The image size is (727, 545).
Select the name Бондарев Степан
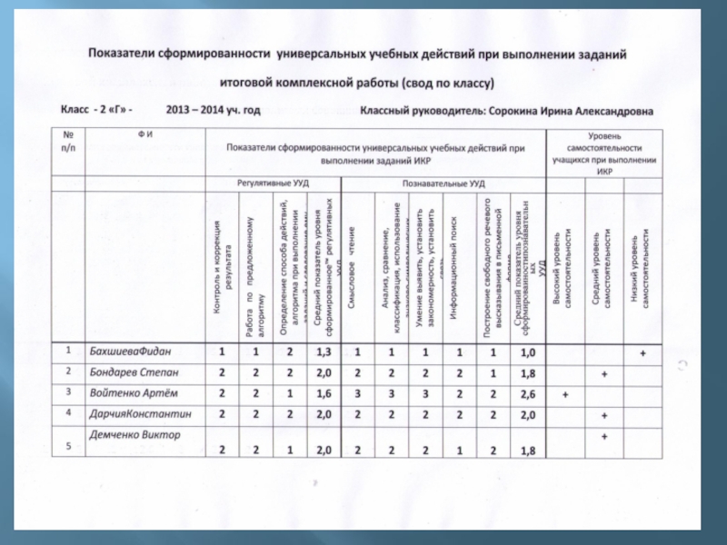click(x=134, y=372)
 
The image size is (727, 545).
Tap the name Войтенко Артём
click(x=134, y=392)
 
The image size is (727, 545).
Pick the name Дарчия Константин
click(x=141, y=413)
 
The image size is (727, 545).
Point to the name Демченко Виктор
click(x=134, y=435)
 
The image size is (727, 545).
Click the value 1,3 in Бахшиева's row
click(x=322, y=352)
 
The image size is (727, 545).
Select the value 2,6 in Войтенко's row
click(x=526, y=394)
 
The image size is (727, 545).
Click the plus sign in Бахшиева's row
click(x=642, y=352)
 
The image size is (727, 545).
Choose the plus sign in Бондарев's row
click(x=603, y=373)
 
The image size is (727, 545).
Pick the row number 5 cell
click(x=67, y=445)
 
